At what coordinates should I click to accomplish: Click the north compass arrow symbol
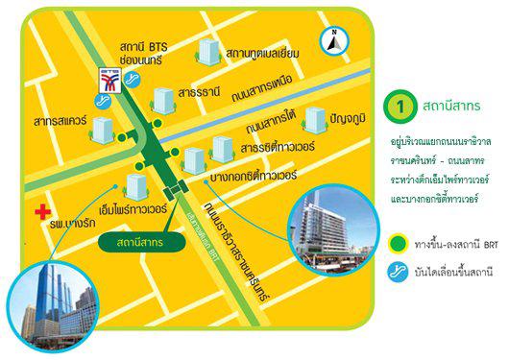(x=330, y=40)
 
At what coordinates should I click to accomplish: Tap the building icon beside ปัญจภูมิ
(x=313, y=120)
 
